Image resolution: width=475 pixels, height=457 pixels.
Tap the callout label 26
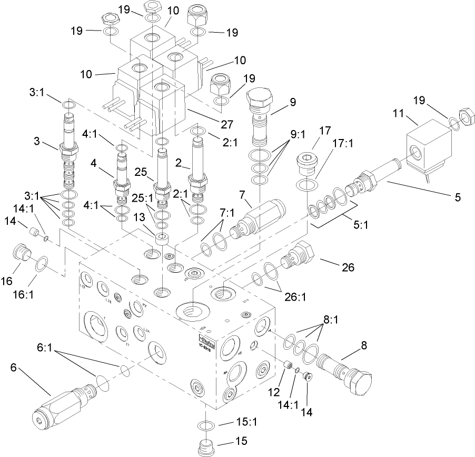tap(348, 267)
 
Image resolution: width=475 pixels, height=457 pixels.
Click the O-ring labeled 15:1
tap(206, 425)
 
